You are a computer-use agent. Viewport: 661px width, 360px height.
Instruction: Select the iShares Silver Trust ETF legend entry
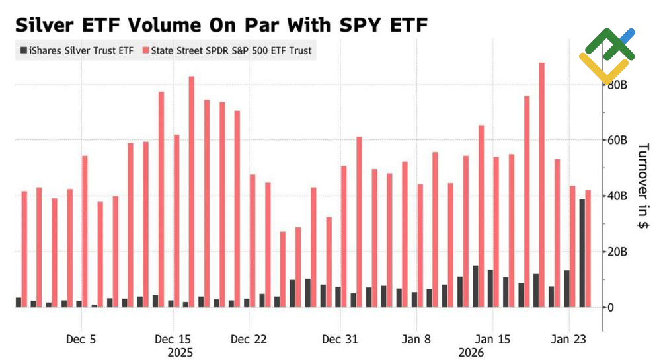[78, 50]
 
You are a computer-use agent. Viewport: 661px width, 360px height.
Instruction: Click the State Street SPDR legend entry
[231, 50]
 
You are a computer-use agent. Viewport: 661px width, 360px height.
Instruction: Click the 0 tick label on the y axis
[611, 307]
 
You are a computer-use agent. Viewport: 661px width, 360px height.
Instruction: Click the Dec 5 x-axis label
[81, 340]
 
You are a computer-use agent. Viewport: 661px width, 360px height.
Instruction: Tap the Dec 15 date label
[172, 340]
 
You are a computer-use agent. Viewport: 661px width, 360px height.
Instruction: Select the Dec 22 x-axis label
[249, 340]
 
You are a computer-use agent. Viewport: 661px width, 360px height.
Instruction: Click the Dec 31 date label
[340, 340]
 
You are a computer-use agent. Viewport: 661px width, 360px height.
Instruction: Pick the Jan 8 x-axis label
[416, 340]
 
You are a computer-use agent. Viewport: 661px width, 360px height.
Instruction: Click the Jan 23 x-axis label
[569, 340]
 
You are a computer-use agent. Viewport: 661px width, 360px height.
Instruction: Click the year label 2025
[180, 353]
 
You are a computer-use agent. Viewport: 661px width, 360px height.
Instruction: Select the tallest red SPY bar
[541, 185]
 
